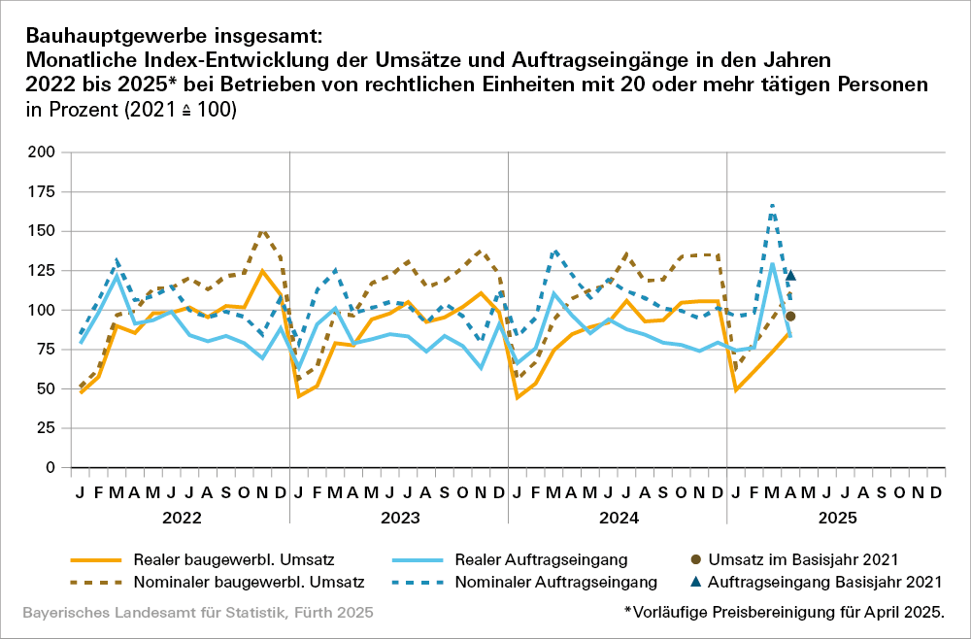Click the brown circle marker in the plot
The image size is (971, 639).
pyautogui.click(x=790, y=316)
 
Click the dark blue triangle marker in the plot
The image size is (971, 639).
pyautogui.click(x=790, y=276)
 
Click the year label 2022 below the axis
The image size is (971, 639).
pyautogui.click(x=181, y=518)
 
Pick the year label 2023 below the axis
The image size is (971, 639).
pyautogui.click(x=399, y=518)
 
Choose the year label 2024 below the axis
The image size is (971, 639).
pyautogui.click(x=619, y=518)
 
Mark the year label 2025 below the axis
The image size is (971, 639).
pyautogui.click(x=837, y=518)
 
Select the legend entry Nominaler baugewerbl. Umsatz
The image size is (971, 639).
pyautogui.click(x=248, y=583)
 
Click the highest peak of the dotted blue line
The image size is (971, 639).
pyautogui.click(x=772, y=206)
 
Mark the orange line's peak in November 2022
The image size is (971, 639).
pyautogui.click(x=262, y=271)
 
